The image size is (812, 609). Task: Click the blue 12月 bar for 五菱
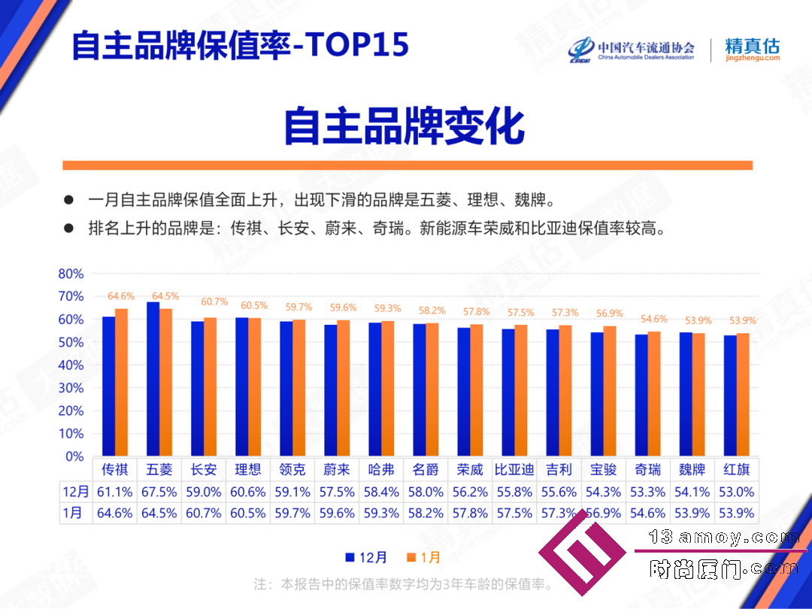click(153, 379)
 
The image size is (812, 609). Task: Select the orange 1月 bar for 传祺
click(121, 383)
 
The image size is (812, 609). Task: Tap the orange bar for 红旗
click(743, 395)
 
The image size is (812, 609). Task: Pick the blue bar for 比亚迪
click(508, 392)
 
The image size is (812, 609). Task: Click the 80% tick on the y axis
click(71, 274)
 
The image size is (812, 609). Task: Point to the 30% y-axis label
click(71, 388)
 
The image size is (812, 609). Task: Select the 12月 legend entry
click(366, 557)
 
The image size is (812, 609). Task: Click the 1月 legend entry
click(423, 557)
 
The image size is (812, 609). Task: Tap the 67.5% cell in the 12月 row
click(159, 492)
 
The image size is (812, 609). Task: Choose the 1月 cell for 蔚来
click(337, 514)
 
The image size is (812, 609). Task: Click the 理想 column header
click(247, 470)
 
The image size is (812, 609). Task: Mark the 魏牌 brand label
click(692, 470)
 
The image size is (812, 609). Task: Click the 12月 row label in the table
click(76, 492)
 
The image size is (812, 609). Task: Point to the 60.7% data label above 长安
click(214, 301)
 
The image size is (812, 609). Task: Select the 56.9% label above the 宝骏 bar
click(610, 314)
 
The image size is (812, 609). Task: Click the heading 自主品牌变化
click(404, 126)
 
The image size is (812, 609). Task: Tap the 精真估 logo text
click(752, 46)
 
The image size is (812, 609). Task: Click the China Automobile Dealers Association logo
click(632, 50)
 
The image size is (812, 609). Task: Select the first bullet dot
click(68, 200)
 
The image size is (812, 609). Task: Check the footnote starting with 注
click(404, 584)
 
